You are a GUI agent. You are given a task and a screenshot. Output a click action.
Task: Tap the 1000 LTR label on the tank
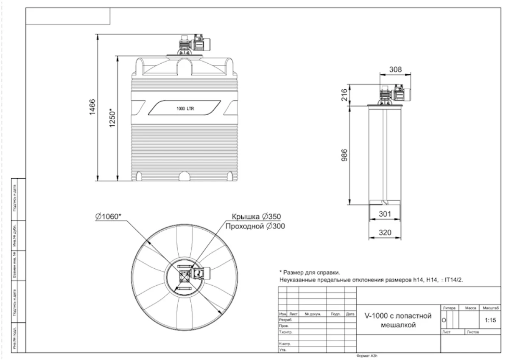coord(185,109)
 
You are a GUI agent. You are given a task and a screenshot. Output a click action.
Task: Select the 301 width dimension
coord(384,214)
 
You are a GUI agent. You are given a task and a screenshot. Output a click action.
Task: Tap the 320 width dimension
coord(384,233)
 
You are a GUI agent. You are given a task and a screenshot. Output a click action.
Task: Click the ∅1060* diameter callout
coord(109,217)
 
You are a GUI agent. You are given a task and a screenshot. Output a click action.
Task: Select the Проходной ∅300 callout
coord(255,226)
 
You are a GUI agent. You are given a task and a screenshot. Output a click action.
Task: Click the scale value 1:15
coord(490,321)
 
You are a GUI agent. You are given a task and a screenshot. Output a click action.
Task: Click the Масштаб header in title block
coord(490,307)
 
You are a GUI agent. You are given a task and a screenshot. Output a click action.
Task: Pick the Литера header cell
coord(448,307)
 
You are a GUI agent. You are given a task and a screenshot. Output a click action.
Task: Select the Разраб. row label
coord(283,320)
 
